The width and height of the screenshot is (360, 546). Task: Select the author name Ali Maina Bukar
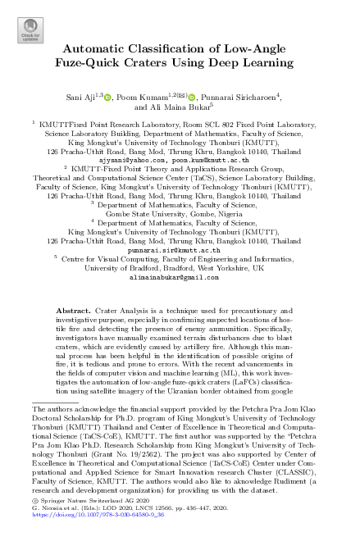[x=195, y=107]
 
